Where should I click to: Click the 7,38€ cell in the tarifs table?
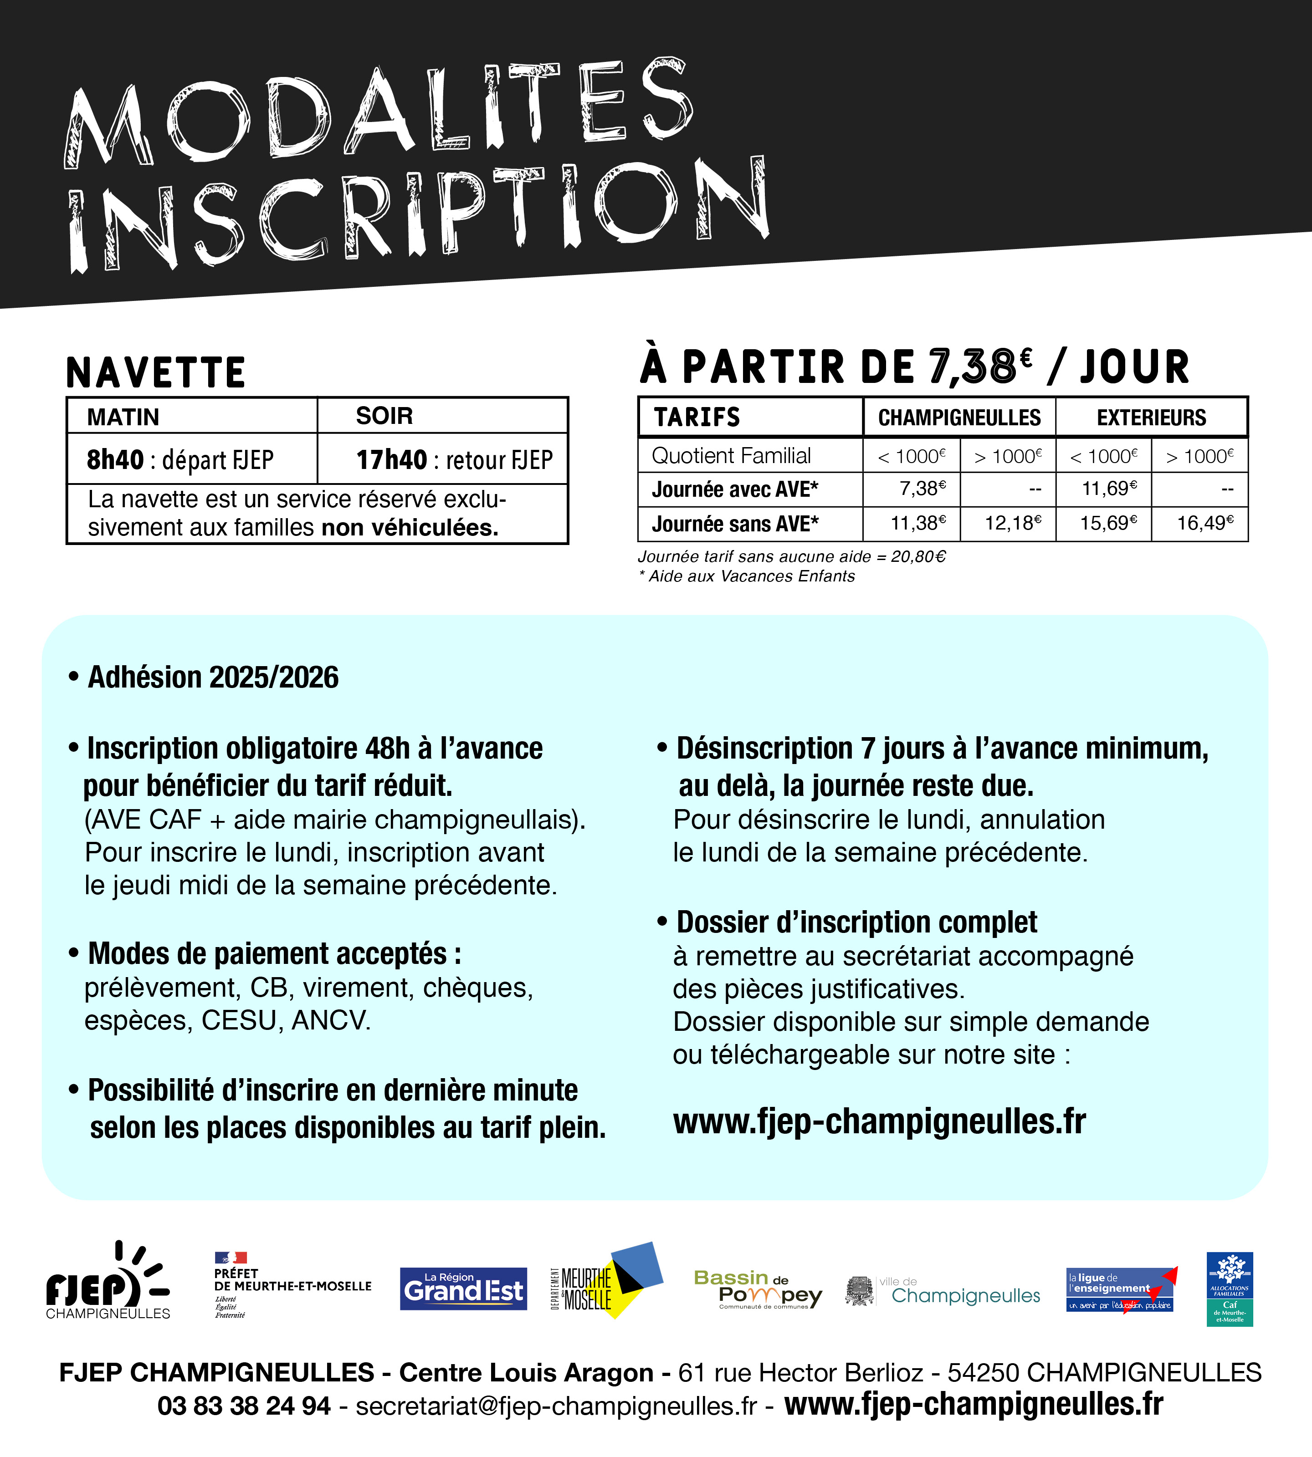(x=921, y=489)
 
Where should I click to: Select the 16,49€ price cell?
(x=1204, y=523)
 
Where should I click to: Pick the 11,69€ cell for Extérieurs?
(x=1109, y=489)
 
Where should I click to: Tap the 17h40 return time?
(x=391, y=460)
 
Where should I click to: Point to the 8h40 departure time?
(x=115, y=460)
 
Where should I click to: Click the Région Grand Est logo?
(x=463, y=1289)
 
